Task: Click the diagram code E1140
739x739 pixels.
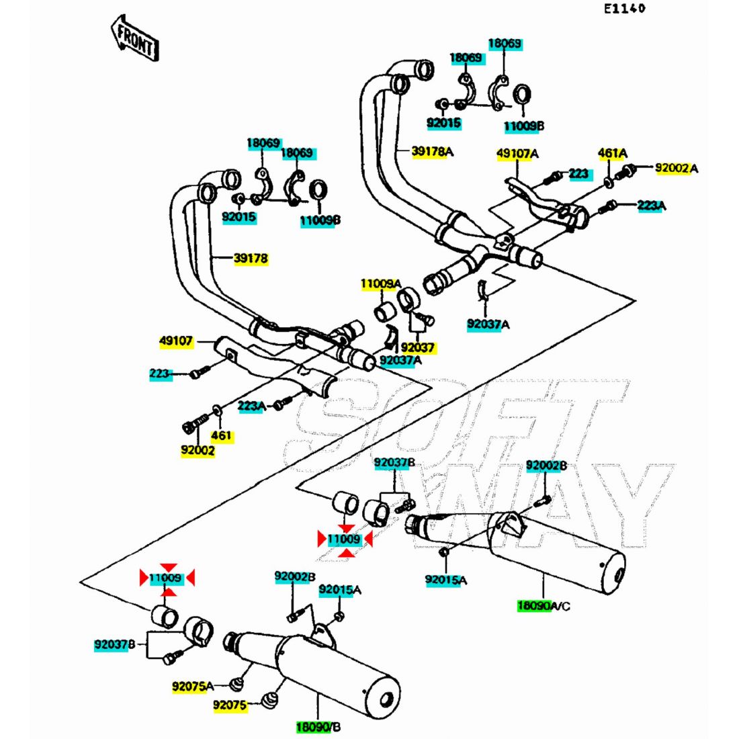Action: click(x=623, y=9)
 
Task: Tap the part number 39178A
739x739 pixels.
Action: click(x=432, y=152)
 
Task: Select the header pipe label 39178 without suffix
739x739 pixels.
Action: click(x=251, y=258)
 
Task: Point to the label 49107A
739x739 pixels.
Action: click(x=517, y=154)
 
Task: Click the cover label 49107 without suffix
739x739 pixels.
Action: click(x=176, y=341)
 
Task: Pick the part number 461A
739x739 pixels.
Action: click(x=612, y=153)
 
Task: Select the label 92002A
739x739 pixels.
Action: click(x=676, y=168)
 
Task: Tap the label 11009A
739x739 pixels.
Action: click(x=380, y=284)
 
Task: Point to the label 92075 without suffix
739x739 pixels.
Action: click(x=230, y=705)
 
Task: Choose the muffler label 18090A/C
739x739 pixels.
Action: click(x=543, y=606)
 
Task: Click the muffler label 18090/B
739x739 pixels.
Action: click(x=318, y=727)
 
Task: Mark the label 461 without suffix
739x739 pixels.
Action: click(x=221, y=435)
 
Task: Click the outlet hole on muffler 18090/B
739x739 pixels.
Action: click(x=386, y=699)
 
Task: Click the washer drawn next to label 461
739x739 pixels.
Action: click(x=216, y=408)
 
